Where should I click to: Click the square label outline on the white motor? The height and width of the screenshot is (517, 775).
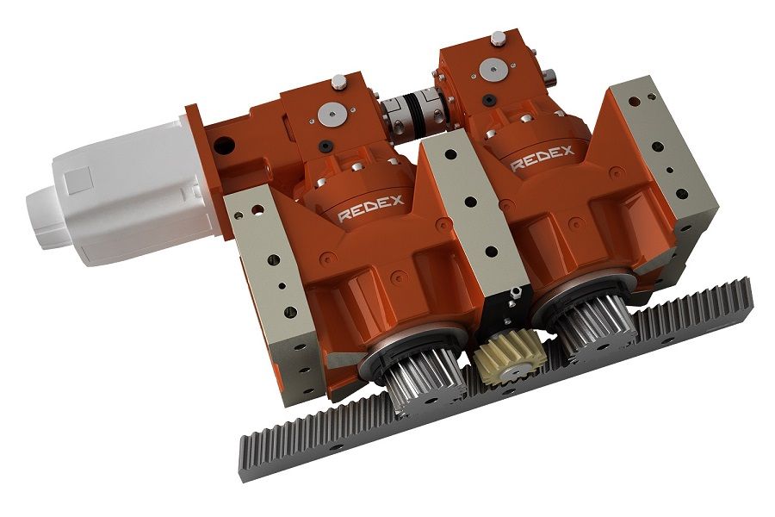click(x=79, y=180)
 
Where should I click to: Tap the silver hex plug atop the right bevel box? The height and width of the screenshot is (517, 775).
click(x=498, y=39)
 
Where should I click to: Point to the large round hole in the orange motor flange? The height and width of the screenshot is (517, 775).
click(x=226, y=141)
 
